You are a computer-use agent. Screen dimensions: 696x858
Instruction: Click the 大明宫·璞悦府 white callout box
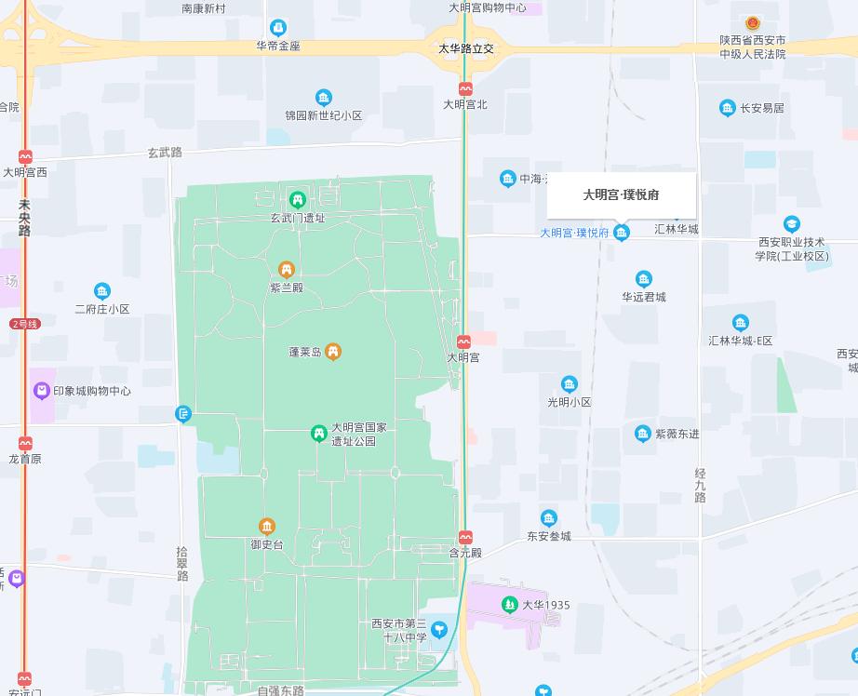(x=621, y=194)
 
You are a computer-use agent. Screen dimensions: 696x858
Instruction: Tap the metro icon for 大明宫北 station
(x=465, y=89)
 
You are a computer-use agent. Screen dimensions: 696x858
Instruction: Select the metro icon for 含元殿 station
(x=465, y=537)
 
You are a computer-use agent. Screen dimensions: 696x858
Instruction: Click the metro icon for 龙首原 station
(x=25, y=443)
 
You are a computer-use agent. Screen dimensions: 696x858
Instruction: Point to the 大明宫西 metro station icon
(x=25, y=156)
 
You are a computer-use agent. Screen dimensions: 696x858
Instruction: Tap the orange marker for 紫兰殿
(x=287, y=270)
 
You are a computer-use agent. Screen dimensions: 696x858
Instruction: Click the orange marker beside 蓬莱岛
(x=333, y=352)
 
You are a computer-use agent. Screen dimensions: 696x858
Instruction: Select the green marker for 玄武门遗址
(x=297, y=199)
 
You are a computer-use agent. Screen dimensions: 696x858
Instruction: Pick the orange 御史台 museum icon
(x=267, y=527)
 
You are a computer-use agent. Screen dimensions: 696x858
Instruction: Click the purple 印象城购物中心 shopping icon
(x=41, y=391)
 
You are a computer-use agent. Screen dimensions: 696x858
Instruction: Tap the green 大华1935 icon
(x=509, y=605)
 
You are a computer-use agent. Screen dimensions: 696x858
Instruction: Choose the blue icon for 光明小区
(x=569, y=384)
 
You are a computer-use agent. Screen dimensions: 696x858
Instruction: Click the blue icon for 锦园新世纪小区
(x=323, y=98)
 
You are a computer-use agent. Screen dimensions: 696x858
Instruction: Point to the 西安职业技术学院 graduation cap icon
(x=791, y=224)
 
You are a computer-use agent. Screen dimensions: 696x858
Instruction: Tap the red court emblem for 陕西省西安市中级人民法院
(x=752, y=23)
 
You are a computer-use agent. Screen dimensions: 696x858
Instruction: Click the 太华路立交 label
(x=466, y=48)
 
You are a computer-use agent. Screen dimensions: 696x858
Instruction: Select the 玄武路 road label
(x=165, y=152)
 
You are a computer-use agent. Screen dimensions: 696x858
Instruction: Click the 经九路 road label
(x=700, y=485)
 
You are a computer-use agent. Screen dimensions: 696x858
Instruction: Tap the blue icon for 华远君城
(x=643, y=279)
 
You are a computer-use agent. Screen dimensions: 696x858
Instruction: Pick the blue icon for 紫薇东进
(x=642, y=434)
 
